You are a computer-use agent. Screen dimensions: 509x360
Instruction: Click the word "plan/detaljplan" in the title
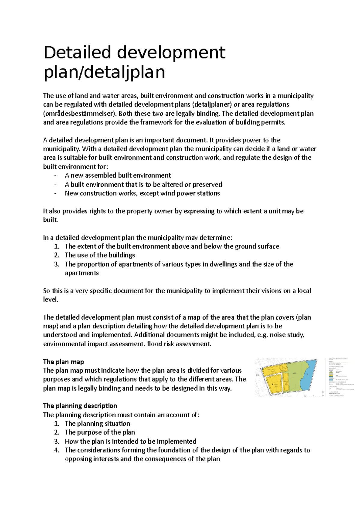(104, 72)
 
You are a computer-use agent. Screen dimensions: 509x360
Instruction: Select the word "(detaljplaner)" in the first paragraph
(212, 105)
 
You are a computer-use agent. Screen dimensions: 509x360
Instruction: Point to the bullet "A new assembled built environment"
(118, 175)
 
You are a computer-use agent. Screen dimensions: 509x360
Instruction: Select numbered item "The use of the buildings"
(100, 255)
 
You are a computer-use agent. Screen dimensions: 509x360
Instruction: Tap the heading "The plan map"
(63, 362)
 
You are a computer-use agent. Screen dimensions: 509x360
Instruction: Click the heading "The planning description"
(80, 406)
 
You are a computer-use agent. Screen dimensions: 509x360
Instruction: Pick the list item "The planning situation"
(97, 424)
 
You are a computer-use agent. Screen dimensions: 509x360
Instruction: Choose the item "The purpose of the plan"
(100, 432)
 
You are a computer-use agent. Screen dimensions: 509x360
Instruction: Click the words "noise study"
(287, 335)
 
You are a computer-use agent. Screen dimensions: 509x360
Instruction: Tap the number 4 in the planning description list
(57, 450)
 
